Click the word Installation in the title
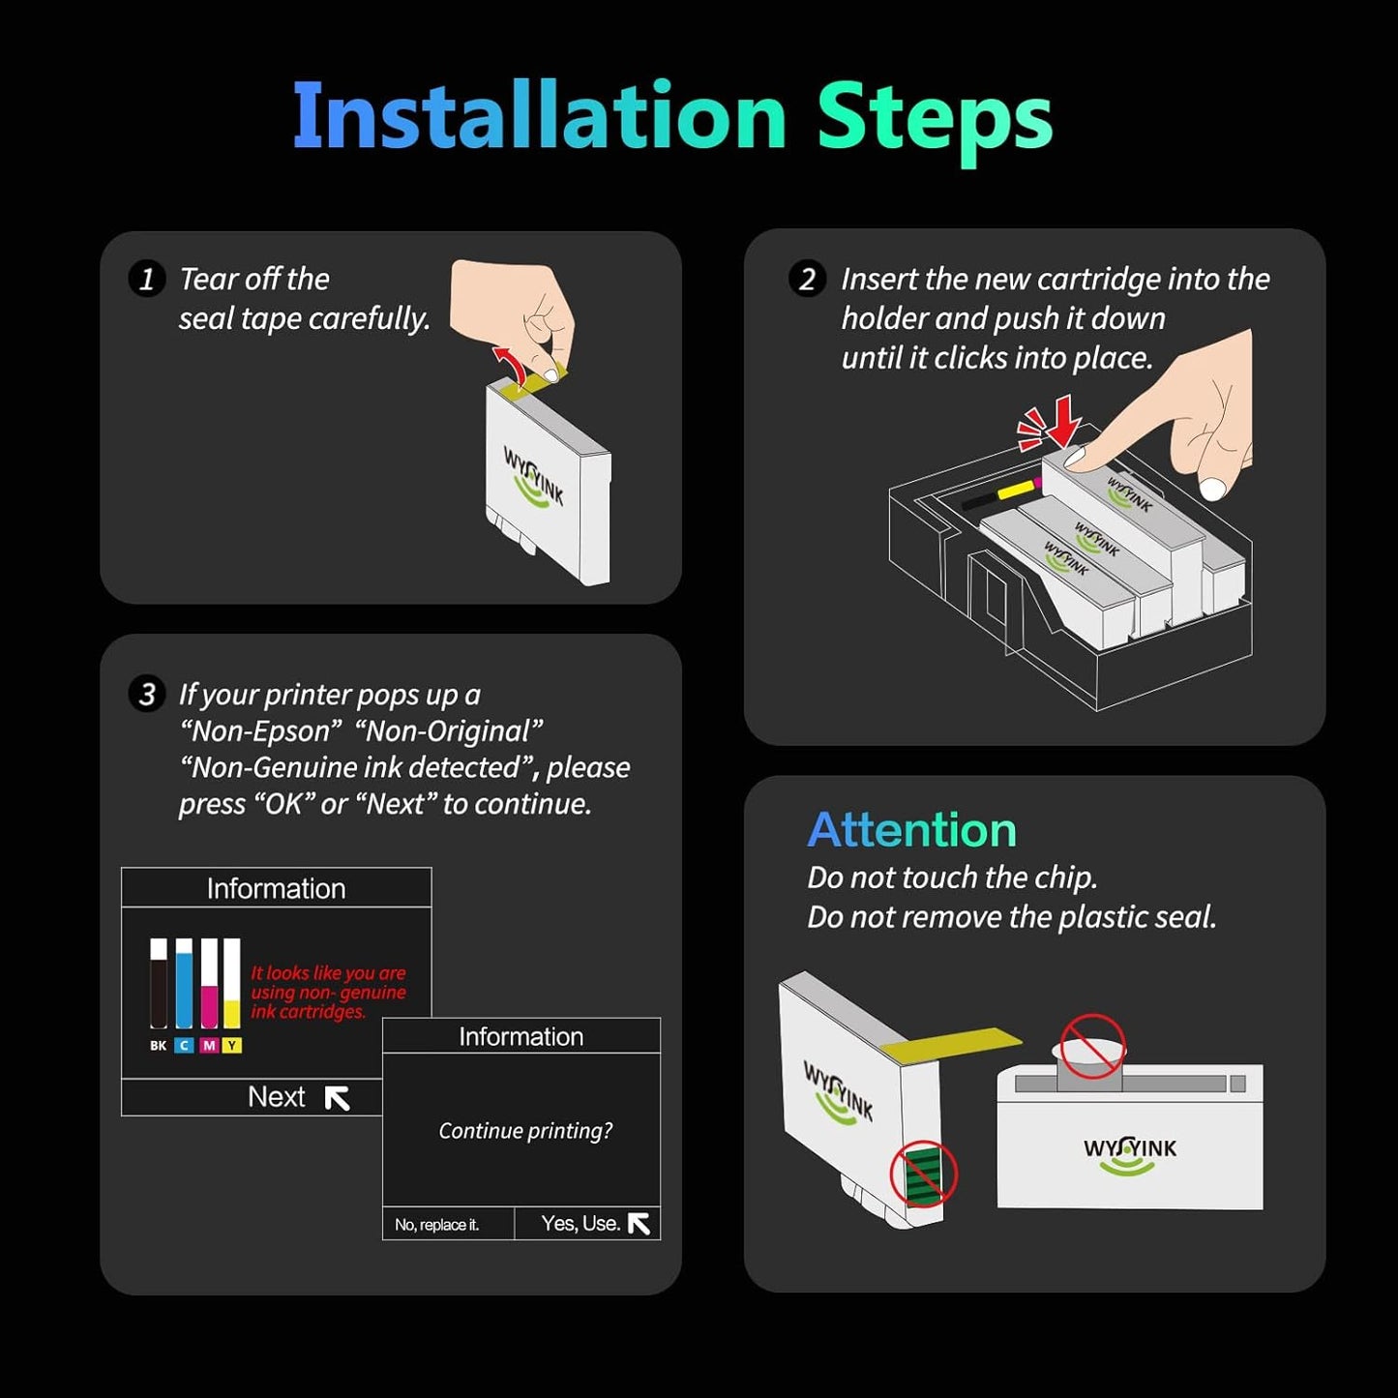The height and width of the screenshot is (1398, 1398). point(540,116)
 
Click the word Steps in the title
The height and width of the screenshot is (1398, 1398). point(936,122)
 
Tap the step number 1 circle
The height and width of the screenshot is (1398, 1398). point(147,279)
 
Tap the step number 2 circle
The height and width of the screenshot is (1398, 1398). point(808,279)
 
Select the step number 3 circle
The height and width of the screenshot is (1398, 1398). point(147,695)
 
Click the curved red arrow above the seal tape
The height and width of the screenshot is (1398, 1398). point(511,364)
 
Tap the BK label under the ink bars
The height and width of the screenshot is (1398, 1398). point(158,1046)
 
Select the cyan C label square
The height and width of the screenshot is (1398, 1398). point(184,1046)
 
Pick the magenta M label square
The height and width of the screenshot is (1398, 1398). point(209,1046)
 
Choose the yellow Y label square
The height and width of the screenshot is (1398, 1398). point(232,1046)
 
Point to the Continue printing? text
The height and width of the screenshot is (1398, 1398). point(525,1130)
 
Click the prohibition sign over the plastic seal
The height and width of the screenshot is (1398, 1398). point(1093,1047)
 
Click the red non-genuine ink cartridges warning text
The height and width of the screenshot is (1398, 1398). point(329,992)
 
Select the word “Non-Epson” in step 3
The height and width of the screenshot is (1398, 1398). point(260,731)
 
